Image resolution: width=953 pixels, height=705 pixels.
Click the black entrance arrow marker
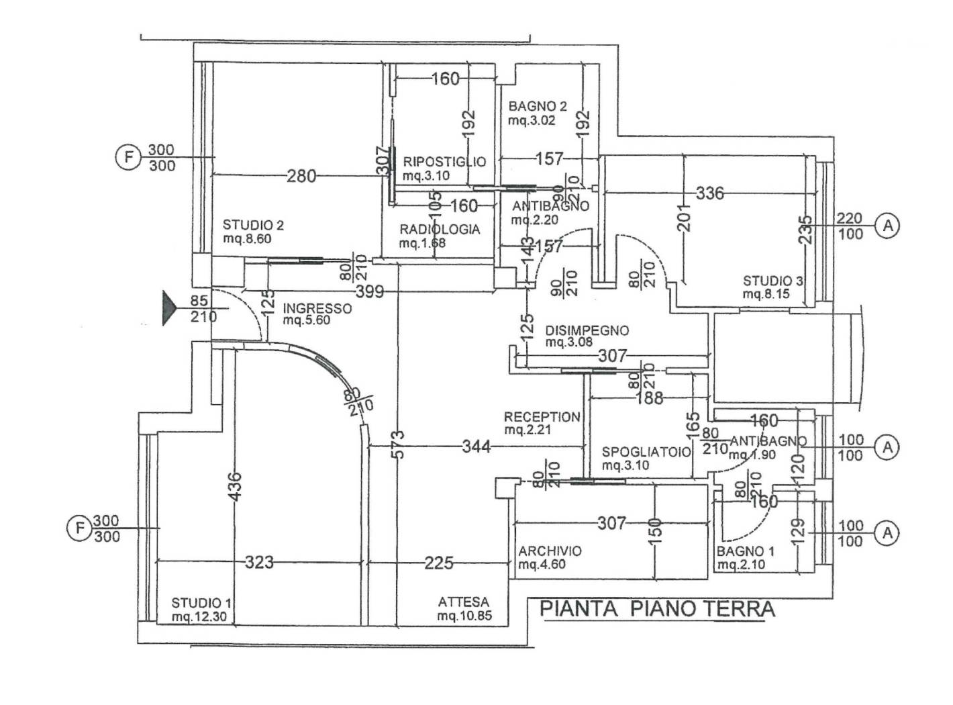(168, 309)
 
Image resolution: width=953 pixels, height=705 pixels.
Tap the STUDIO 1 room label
(197, 603)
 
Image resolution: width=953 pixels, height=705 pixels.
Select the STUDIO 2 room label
(253, 226)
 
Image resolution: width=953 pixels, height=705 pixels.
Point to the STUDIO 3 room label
(772, 281)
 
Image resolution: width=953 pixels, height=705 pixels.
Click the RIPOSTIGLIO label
(444, 162)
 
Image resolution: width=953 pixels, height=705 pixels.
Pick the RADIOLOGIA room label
(440, 229)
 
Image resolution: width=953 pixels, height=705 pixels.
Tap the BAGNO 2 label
(538, 106)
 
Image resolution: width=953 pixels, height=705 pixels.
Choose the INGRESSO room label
(317, 308)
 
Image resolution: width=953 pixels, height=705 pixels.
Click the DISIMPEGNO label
(587, 330)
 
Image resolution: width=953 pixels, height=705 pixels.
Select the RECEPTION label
(542, 417)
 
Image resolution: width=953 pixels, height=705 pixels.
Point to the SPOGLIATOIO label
(646, 452)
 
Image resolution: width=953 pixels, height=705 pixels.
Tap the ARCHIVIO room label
(550, 551)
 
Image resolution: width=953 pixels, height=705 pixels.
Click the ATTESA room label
(464, 602)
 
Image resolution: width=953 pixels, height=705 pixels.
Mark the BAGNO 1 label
(745, 552)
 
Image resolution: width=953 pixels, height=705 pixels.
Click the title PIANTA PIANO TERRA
(657, 609)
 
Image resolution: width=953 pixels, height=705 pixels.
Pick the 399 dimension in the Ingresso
(370, 291)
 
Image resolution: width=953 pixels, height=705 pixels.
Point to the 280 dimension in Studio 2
(301, 176)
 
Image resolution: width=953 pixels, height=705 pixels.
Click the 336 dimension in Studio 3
(710, 193)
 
